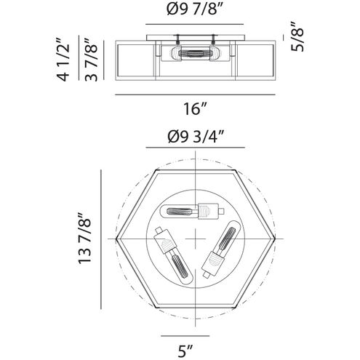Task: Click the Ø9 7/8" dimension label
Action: (x=195, y=9)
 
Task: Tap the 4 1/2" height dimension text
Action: (x=63, y=60)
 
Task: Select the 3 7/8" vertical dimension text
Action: (x=91, y=60)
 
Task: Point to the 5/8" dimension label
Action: (x=297, y=36)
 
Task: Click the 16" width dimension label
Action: (x=195, y=109)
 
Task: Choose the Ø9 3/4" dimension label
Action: (x=196, y=137)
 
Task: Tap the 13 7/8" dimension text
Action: (x=84, y=239)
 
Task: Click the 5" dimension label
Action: (x=185, y=351)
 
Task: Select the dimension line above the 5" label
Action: (x=185, y=336)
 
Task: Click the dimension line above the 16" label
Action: (x=195, y=95)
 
